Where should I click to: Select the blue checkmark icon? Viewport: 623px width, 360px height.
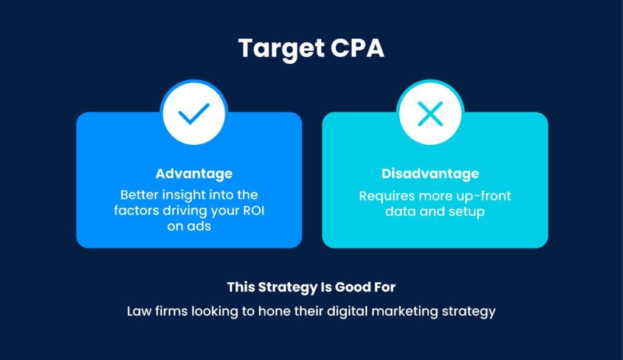[x=193, y=114]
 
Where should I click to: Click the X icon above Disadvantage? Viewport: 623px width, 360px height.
[x=430, y=114]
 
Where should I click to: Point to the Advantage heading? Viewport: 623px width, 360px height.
[x=193, y=174]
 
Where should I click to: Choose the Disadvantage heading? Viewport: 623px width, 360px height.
[x=430, y=174]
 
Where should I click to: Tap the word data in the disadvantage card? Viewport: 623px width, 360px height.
[x=400, y=212]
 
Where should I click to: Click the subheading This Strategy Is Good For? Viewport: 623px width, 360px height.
[x=311, y=287]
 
